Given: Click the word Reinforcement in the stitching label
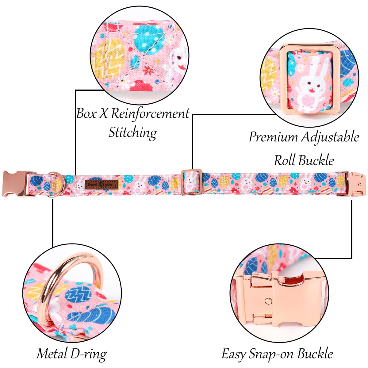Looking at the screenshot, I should click(150, 114).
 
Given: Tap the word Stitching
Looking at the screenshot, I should click(133, 133).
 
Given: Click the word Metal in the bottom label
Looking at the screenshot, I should click(52, 354).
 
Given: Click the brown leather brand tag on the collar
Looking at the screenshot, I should click(102, 184).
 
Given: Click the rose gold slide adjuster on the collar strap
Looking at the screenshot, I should click(191, 182).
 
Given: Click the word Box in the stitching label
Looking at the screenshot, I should click(86, 113).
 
